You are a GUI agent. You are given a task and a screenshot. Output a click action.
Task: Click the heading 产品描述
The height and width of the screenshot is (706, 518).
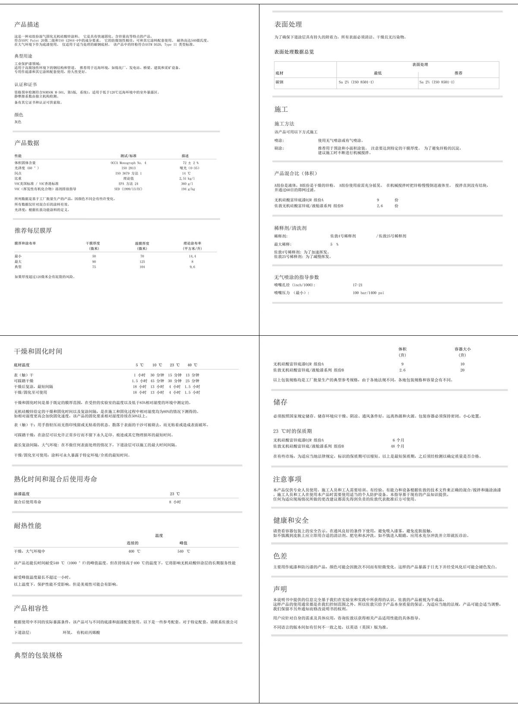(x=27, y=25)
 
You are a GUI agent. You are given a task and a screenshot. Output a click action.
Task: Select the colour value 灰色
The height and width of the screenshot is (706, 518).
(x=18, y=122)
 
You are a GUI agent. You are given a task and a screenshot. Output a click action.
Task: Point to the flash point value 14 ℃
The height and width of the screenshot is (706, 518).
(x=186, y=173)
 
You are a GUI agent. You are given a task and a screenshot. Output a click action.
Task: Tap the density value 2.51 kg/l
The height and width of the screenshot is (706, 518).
(x=187, y=178)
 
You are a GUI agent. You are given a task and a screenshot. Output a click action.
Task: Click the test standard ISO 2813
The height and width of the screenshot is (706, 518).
(x=128, y=168)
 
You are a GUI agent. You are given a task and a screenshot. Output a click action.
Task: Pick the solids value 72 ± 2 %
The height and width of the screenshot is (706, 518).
(x=190, y=163)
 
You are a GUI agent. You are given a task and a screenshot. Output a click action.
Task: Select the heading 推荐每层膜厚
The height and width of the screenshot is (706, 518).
(x=33, y=230)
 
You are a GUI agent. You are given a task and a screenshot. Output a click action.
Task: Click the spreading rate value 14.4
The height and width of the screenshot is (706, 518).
(x=192, y=256)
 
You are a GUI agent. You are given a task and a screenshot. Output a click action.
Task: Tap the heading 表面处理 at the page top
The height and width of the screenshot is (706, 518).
(x=288, y=24)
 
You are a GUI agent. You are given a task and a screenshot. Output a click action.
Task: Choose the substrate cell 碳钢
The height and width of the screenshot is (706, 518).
(x=279, y=82)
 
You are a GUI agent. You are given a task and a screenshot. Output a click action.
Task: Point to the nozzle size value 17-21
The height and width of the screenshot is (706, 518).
(x=357, y=285)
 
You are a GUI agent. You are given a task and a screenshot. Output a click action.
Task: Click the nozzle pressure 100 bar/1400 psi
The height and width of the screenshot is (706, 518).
(x=368, y=293)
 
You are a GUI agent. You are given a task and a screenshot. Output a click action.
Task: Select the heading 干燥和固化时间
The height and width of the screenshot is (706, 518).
(x=38, y=351)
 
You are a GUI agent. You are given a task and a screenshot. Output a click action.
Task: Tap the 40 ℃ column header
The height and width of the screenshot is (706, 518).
(x=192, y=365)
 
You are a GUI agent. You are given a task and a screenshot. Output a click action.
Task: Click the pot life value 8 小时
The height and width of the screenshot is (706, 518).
(x=175, y=502)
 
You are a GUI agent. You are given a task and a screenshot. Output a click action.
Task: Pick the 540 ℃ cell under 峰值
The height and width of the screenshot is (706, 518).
(x=183, y=552)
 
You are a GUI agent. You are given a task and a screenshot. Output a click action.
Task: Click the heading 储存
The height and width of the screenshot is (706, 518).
(x=280, y=402)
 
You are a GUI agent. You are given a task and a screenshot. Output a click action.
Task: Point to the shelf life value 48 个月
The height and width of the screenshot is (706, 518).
(x=398, y=446)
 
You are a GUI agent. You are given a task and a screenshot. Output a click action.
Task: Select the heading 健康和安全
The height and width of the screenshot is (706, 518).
(x=291, y=520)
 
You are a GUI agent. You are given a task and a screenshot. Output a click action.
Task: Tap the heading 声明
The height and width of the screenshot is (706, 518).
(x=280, y=589)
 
